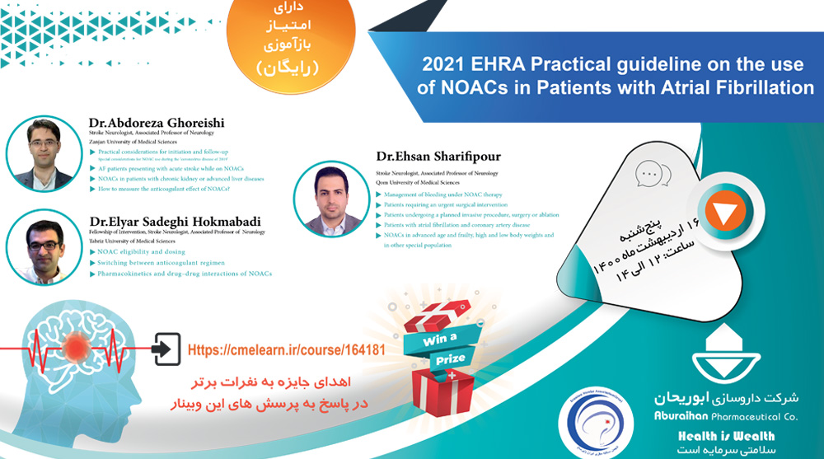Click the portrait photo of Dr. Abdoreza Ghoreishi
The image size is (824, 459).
pos(44,153)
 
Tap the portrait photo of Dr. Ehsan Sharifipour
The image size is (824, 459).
pos(330,199)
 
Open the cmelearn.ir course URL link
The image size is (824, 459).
pos(287,349)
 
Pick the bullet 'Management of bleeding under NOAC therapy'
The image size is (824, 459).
pos(449,194)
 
